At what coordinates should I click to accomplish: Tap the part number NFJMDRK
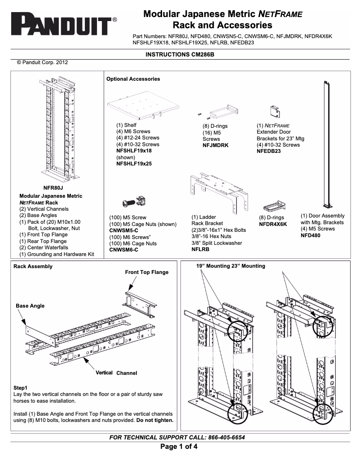tap(215, 145)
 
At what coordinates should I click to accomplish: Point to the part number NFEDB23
tap(268, 152)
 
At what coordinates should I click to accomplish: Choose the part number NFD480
tap(310, 235)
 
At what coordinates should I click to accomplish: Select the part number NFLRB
tap(200, 249)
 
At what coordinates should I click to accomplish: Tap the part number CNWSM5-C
tap(123, 230)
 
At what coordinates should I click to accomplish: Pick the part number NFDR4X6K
tap(273, 224)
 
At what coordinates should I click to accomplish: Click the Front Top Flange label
tap(147, 272)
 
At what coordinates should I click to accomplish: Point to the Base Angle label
tap(30, 306)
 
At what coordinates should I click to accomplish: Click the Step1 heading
tap(21, 387)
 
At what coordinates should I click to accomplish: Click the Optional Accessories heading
tap(133, 79)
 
